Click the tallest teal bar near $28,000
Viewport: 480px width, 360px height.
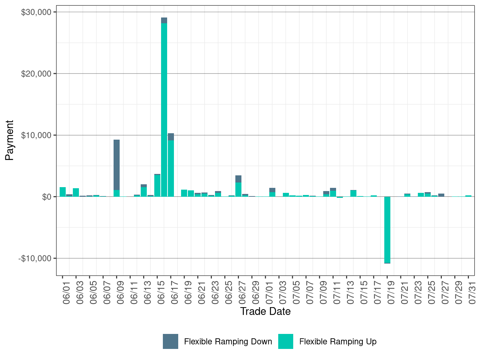pyautogui.click(x=164, y=107)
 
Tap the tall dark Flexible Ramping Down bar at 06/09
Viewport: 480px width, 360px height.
pyautogui.click(x=116, y=164)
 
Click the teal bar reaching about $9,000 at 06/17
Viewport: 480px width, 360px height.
pyautogui.click(x=171, y=168)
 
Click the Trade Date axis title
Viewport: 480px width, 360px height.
pyautogui.click(x=265, y=311)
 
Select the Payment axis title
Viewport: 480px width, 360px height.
pyautogui.click(x=9, y=140)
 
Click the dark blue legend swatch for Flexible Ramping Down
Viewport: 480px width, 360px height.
pyautogui.click(x=170, y=341)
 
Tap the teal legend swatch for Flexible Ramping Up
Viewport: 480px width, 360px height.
pyautogui.click(x=286, y=341)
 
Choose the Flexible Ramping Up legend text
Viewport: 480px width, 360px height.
pyautogui.click(x=338, y=342)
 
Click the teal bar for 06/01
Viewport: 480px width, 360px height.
pyautogui.click(x=62, y=192)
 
